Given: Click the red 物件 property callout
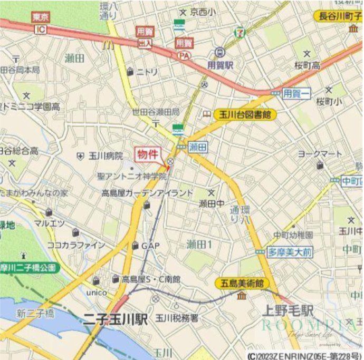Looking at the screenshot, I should tap(148, 154).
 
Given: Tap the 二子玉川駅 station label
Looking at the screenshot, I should tap(114, 318).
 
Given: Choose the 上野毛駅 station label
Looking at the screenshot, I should tap(289, 310).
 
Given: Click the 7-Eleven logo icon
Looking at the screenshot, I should tap(240, 33).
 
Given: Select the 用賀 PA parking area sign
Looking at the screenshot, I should tap(184, 48).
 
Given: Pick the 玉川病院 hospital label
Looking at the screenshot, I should tap(105, 156).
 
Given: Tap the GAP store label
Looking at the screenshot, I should tap(150, 246).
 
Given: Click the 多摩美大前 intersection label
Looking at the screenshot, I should tap(289, 252).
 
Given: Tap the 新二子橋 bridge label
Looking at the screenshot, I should tap(35, 314).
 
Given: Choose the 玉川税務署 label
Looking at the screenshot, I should tap(177, 318).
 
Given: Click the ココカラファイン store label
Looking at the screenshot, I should tap(69, 245).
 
